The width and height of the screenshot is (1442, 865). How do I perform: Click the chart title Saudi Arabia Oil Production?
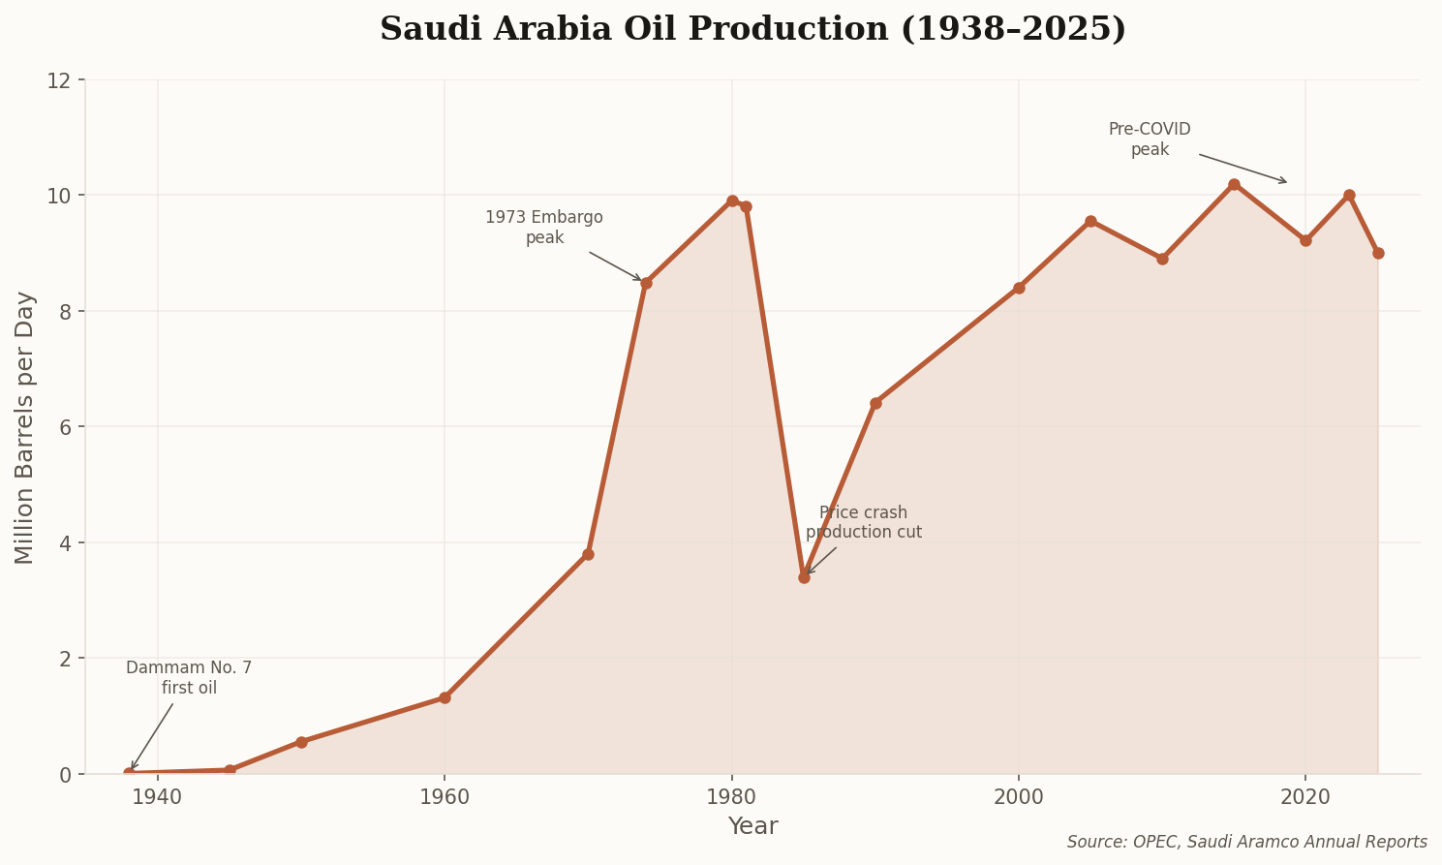pos(752,29)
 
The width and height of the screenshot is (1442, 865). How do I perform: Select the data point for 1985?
pos(804,577)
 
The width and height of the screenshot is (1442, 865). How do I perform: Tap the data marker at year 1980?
pos(732,201)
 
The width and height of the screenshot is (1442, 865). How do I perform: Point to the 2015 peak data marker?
pos(1234,184)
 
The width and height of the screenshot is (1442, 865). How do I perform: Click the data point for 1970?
pos(588,554)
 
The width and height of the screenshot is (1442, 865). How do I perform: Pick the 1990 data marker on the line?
pos(875,403)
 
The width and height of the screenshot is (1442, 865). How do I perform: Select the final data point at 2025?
pos(1378,253)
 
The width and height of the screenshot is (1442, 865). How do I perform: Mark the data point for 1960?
pos(445,697)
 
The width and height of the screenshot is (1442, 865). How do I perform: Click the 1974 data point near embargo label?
pos(646,283)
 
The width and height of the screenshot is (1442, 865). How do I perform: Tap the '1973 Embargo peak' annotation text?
pos(544,228)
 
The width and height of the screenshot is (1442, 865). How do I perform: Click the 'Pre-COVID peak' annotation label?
pos(1150,139)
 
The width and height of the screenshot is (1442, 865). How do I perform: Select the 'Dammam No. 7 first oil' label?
pos(189,678)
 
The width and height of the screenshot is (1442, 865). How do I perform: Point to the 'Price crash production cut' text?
pos(863,523)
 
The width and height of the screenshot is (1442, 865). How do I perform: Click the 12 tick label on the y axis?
pos(59,80)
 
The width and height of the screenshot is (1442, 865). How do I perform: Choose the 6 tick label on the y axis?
pos(65,427)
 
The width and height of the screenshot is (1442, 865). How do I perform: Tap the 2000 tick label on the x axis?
pos(1019,797)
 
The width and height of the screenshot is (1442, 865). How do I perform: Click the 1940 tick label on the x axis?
pos(158,797)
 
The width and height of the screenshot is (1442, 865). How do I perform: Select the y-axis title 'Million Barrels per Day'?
pos(25,427)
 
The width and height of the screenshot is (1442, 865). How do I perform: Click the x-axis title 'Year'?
pos(752,826)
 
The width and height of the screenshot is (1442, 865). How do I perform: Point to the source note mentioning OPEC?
pos(1246,843)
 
